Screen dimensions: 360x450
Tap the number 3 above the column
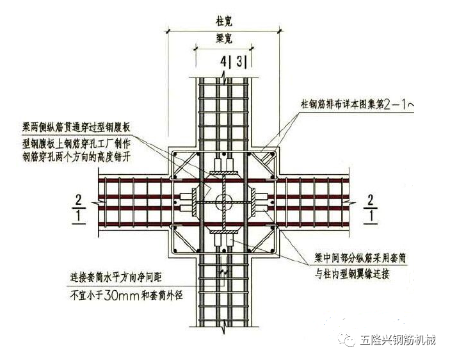(239, 62)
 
